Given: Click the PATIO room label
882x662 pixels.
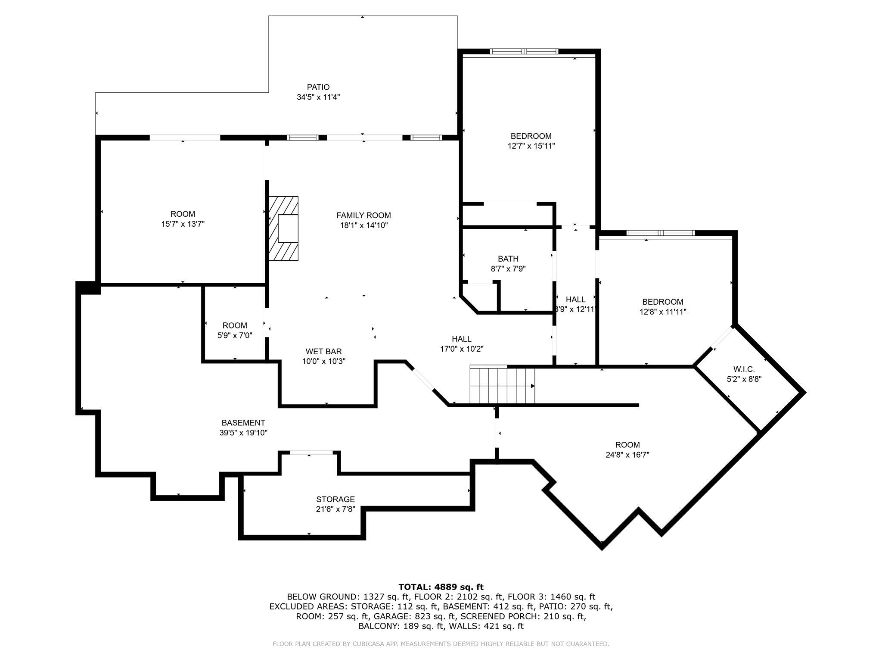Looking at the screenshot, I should (318, 87).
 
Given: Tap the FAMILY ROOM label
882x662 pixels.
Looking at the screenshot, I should (363, 215).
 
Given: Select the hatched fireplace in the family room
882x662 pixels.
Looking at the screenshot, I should (283, 228).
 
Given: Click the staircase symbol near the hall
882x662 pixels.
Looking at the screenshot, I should (502, 384).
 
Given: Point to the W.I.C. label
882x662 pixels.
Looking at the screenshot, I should (744, 369).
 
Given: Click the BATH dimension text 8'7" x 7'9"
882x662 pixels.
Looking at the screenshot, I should (508, 269).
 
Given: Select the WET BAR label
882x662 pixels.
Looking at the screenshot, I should (323, 352).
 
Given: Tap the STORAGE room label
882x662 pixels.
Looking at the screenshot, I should (335, 500).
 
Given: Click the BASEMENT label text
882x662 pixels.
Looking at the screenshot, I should (243, 423).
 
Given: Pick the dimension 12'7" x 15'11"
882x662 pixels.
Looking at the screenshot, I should (531, 146).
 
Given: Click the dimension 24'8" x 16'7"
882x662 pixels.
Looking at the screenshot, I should (627, 455).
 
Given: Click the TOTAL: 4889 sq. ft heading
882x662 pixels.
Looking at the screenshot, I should (441, 587).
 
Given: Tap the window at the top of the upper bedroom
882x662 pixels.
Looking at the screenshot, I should (524, 51).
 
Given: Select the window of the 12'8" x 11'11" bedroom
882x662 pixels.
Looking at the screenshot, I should (660, 233).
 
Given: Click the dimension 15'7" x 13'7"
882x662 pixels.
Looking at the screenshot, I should (183, 224).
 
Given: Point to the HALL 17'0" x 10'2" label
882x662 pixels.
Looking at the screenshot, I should (461, 344).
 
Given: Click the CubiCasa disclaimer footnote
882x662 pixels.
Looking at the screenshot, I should (441, 644).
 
